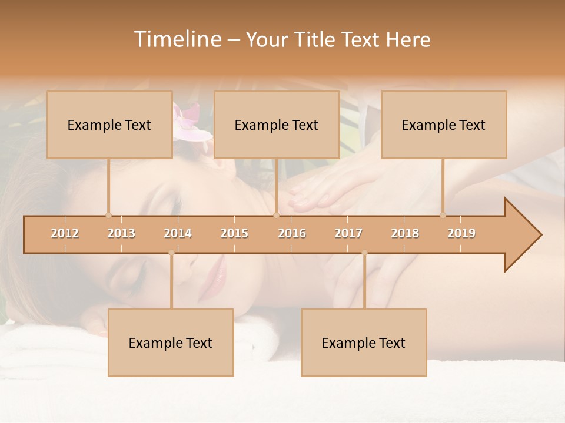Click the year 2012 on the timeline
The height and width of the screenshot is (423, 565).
pyautogui.click(x=65, y=233)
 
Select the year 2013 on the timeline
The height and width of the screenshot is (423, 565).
pyautogui.click(x=121, y=233)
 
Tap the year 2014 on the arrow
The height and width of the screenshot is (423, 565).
pyautogui.click(x=178, y=233)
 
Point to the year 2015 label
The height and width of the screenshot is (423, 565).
pyautogui.click(x=234, y=233)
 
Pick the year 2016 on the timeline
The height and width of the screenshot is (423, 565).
pyautogui.click(x=292, y=233)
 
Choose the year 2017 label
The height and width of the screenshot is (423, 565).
pyautogui.click(x=348, y=233)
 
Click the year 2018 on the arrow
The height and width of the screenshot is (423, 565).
pyautogui.click(x=405, y=233)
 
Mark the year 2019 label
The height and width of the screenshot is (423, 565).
pyautogui.click(x=461, y=233)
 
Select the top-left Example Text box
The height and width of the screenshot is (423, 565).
pyautogui.click(x=109, y=125)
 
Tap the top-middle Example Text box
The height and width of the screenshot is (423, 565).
pyautogui.click(x=277, y=125)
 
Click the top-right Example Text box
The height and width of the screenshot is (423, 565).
pyautogui.click(x=444, y=125)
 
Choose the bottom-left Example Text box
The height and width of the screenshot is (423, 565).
pyautogui.click(x=171, y=343)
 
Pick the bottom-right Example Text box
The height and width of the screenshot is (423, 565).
pyautogui.click(x=364, y=343)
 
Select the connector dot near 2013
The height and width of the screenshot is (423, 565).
pyautogui.click(x=108, y=215)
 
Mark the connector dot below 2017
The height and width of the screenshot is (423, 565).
pyautogui.click(x=364, y=253)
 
